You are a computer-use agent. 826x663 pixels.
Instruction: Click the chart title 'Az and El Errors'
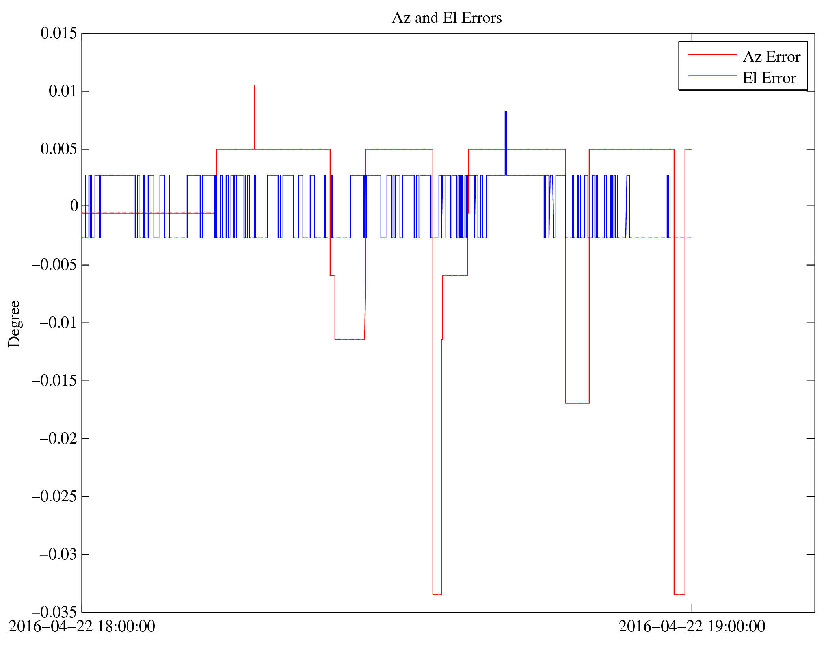coord(446,18)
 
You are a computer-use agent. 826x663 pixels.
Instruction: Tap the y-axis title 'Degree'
coord(14,324)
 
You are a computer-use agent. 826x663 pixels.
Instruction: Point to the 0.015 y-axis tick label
coord(59,33)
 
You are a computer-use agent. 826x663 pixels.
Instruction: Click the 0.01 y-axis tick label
coord(63,91)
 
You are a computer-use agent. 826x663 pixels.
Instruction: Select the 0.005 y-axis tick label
coord(59,149)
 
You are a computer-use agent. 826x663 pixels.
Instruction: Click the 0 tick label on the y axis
coord(74,206)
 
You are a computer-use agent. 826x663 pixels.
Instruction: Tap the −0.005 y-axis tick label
coord(54,265)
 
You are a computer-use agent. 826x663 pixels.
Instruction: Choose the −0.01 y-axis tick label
coord(58,323)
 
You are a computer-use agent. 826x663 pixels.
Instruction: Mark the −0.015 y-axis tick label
coord(54,381)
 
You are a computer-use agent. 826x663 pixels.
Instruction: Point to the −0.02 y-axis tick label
coord(58,438)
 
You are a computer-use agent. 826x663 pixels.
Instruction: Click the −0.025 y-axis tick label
coord(54,496)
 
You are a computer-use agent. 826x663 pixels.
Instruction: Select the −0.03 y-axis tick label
coord(58,554)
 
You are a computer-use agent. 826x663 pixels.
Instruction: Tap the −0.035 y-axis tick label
coord(54,612)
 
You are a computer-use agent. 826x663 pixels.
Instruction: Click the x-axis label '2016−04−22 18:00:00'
coord(82,626)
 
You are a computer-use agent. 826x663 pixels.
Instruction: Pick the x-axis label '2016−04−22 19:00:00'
coord(692,626)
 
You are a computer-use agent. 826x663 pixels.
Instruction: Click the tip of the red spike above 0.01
coord(255,85)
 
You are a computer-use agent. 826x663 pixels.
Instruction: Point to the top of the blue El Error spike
coord(506,112)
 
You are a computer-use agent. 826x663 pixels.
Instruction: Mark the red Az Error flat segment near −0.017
coord(577,403)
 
